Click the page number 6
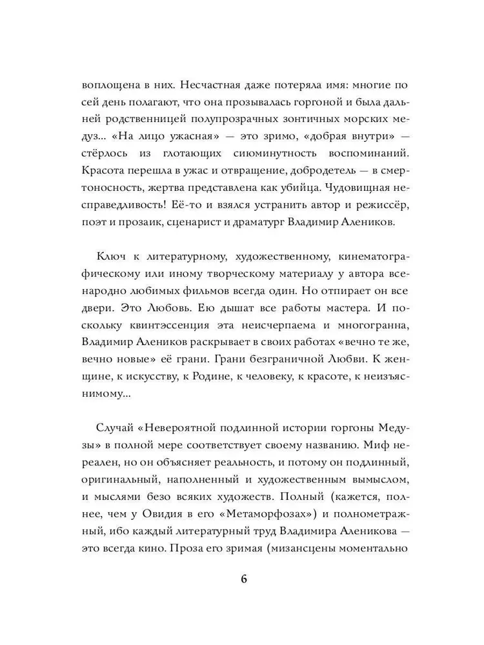(x=243, y=577)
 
